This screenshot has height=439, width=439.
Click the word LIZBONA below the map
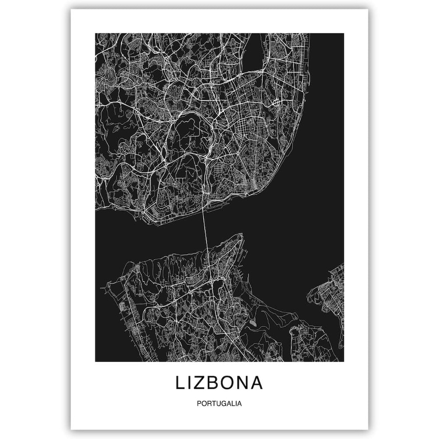click(219, 383)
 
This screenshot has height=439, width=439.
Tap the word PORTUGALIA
click(219, 404)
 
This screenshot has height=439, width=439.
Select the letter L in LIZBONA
click(180, 383)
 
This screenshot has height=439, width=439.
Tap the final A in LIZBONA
click(257, 383)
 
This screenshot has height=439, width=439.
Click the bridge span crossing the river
click(206, 224)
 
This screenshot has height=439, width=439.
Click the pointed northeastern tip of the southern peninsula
click(241, 234)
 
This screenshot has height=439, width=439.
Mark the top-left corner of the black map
click(95, 33)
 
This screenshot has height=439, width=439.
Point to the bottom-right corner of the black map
click(343, 361)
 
